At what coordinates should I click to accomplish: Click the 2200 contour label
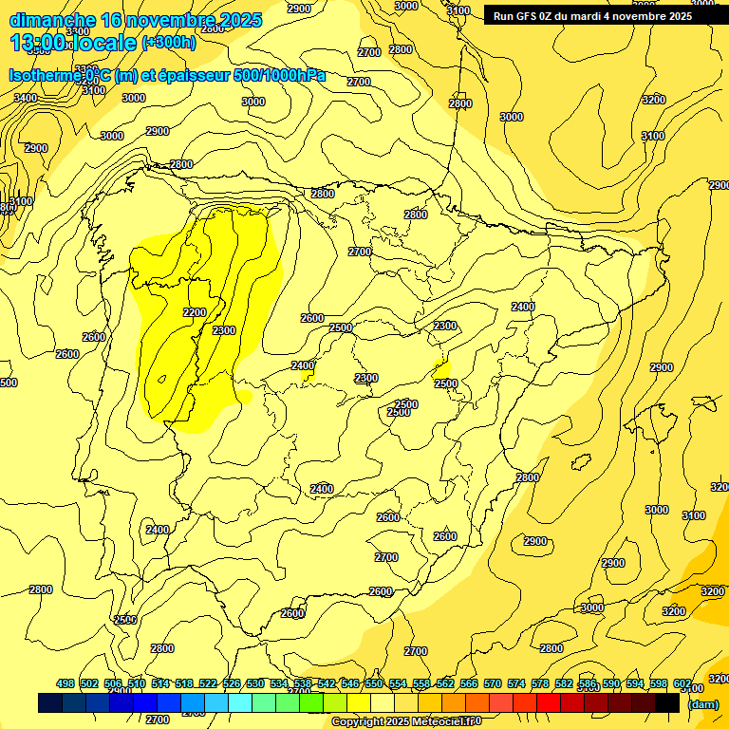195,312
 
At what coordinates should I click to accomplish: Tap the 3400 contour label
26,98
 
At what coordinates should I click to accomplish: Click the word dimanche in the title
52,20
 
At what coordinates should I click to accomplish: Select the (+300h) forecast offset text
169,42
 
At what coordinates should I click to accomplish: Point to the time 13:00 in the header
38,43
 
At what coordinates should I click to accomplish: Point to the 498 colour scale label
65,683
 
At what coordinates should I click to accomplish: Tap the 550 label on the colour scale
374,683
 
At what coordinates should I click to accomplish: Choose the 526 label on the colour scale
232,683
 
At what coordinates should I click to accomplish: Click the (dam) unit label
702,703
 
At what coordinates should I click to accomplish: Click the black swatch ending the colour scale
667,702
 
